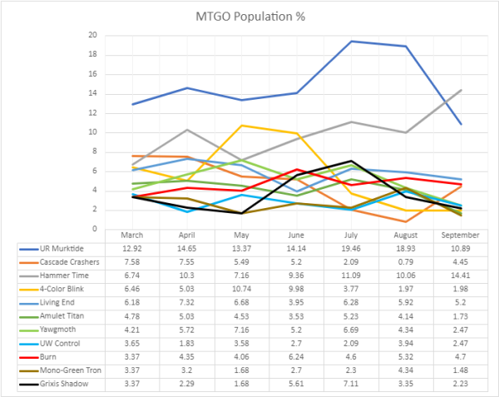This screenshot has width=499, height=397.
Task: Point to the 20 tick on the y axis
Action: coord(93,35)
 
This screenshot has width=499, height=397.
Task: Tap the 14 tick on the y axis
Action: coord(93,93)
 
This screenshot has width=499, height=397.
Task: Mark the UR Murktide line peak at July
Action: coord(352,41)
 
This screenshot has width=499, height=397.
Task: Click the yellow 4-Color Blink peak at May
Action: coord(242,125)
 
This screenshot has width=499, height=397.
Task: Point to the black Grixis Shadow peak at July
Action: coord(352,161)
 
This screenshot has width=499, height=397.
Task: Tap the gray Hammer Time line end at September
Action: coord(461,90)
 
